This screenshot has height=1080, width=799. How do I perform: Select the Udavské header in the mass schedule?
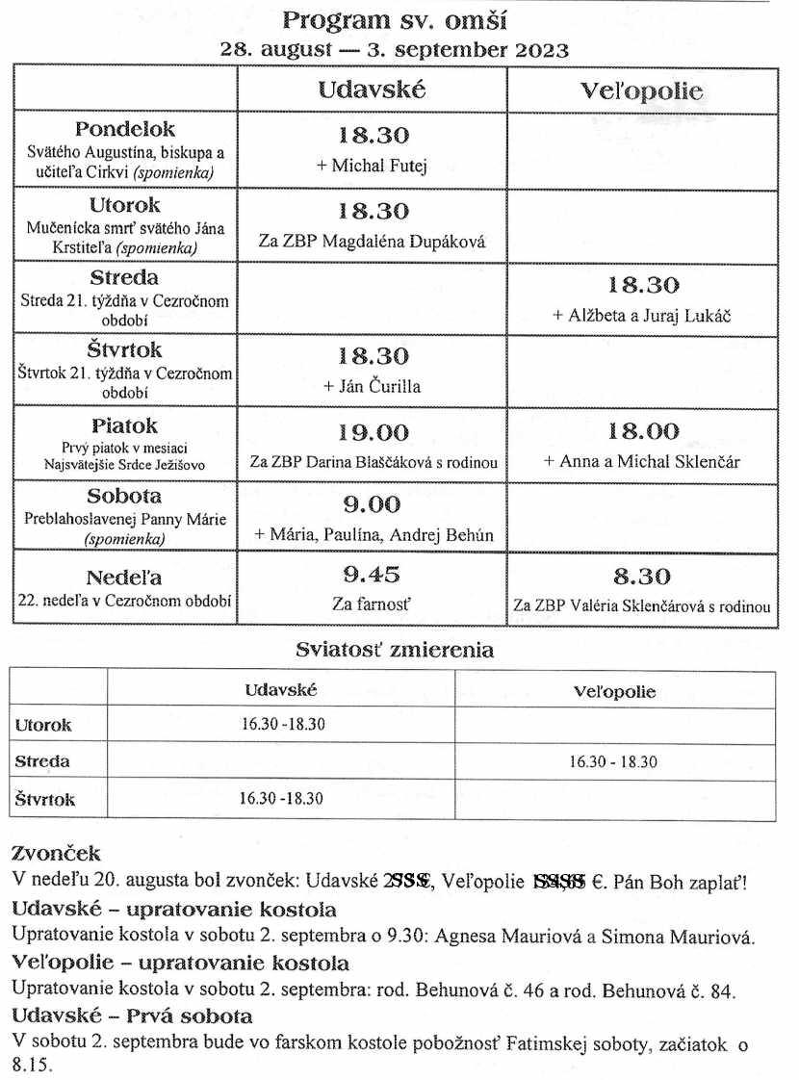click(x=372, y=90)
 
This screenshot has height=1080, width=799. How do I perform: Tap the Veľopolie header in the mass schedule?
click(x=641, y=92)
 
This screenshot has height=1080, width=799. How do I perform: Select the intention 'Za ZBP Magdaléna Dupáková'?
click(x=372, y=242)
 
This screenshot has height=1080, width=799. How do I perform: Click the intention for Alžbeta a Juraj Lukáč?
click(x=642, y=315)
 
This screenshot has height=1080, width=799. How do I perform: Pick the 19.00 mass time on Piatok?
click(x=373, y=432)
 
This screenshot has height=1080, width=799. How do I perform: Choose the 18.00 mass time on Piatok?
click(x=642, y=431)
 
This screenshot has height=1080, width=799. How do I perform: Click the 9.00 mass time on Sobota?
click(x=373, y=504)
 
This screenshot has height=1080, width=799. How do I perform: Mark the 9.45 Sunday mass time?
click(x=372, y=576)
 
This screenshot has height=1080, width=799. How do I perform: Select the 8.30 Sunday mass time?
click(x=642, y=577)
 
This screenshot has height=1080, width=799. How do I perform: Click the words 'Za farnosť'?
click(x=372, y=606)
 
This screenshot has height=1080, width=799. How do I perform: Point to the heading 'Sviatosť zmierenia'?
click(x=394, y=651)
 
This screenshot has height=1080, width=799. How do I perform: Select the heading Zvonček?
click(x=55, y=854)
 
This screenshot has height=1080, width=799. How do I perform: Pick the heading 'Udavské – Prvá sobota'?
click(x=131, y=1016)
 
